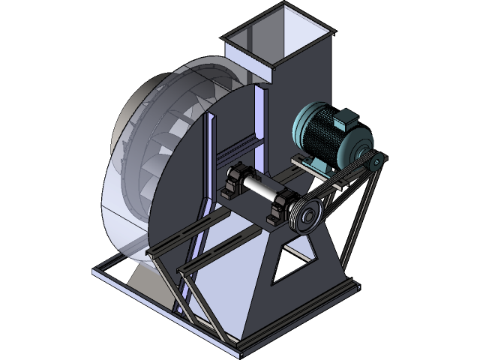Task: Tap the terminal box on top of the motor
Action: point(347,118)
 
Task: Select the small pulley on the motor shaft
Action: point(375,160)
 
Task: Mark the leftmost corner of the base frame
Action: point(96,271)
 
